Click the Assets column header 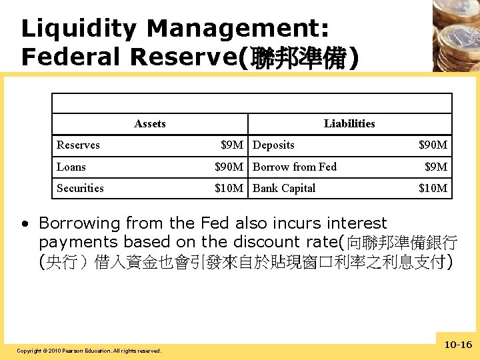point(150,123)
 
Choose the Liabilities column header point(349,123)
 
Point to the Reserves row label point(78,145)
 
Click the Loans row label point(71,167)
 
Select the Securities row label point(80,188)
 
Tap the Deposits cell point(273,145)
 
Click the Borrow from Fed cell point(295,167)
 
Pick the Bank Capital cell point(284,188)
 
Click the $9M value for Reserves point(232,145)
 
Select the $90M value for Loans point(229,167)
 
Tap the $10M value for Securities point(229,188)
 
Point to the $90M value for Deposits point(433,145)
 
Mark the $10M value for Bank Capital point(433,188)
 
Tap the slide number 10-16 point(458,345)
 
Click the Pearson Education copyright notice point(89,351)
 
